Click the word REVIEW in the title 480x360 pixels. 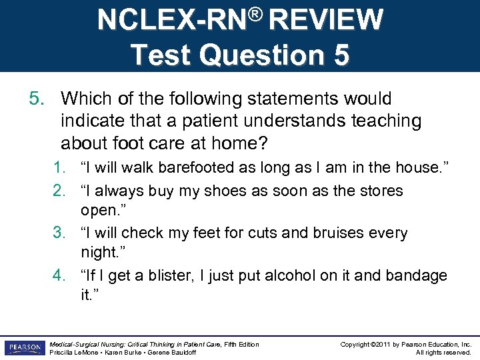click(327, 20)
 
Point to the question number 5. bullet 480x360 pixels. click(37, 99)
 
